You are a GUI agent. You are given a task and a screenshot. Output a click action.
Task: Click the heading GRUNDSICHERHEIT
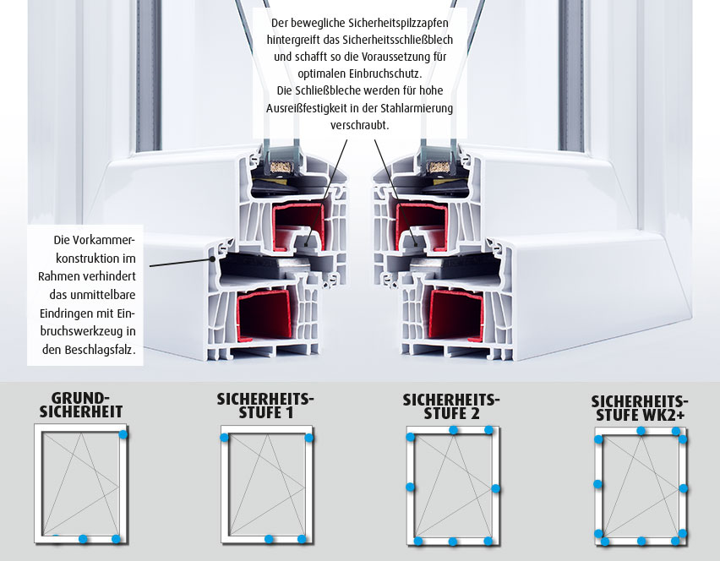81,406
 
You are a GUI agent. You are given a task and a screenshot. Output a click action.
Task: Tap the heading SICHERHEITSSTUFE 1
265,406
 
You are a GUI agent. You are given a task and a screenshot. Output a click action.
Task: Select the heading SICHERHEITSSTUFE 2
451,406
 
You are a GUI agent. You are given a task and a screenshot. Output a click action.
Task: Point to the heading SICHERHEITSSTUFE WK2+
640,408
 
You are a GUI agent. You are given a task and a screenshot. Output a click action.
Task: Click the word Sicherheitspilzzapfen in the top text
399,23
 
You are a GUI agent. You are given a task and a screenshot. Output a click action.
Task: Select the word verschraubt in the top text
358,125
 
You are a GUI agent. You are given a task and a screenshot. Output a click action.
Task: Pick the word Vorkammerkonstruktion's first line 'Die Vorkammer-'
95,240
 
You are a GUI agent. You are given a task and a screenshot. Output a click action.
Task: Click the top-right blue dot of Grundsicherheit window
123,433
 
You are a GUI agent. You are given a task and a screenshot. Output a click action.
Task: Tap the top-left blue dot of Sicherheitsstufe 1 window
224,438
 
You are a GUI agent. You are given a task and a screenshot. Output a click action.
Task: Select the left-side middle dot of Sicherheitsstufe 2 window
410,487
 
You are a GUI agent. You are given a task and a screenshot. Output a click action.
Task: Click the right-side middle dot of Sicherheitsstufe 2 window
496,488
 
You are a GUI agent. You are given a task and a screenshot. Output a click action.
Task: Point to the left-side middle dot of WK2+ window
597,484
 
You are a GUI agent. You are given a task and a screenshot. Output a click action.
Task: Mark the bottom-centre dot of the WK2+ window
641,542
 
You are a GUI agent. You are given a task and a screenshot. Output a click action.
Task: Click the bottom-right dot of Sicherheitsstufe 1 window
302,539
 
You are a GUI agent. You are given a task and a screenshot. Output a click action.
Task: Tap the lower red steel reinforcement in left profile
265,315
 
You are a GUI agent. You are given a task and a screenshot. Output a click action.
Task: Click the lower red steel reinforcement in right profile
455,315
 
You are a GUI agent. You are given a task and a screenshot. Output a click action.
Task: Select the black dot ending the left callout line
213,259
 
